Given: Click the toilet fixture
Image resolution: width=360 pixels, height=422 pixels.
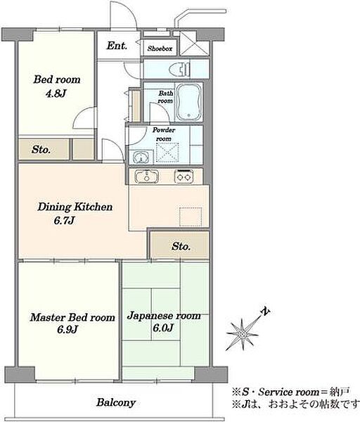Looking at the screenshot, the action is click(179, 70).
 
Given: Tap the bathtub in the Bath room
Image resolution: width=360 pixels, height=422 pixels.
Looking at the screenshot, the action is click(189, 103).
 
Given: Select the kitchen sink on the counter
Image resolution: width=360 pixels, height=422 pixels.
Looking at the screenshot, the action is click(146, 177).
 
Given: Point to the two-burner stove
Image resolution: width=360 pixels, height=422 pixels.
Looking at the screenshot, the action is click(184, 177).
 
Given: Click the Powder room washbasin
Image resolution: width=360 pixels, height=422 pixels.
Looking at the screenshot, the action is click(140, 157).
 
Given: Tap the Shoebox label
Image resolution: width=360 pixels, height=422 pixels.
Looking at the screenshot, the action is click(160, 49).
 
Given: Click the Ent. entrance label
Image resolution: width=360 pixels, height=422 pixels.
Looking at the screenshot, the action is click(117, 46).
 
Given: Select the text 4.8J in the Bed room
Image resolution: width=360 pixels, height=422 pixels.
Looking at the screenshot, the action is click(56, 94).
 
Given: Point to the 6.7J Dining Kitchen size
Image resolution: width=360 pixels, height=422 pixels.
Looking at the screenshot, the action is click(64, 221).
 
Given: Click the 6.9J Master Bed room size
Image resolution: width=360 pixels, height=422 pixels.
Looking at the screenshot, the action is click(67, 329).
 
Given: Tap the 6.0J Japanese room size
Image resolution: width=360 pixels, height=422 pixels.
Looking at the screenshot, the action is click(163, 328).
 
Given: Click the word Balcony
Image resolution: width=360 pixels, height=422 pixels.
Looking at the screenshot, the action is click(116, 402).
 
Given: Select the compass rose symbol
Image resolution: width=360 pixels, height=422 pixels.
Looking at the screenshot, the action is click(242, 335).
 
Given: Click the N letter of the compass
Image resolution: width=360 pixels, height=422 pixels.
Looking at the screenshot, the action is click(266, 312).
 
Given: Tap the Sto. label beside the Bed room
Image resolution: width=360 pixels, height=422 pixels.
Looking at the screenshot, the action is click(41, 149).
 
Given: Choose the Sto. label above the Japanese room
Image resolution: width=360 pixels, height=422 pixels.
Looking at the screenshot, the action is click(181, 246).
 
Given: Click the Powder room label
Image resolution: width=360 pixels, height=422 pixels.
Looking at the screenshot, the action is click(164, 134).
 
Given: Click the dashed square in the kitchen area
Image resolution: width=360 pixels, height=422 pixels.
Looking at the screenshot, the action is click(191, 217).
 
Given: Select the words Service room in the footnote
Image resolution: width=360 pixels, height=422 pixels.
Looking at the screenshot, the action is click(289, 392).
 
